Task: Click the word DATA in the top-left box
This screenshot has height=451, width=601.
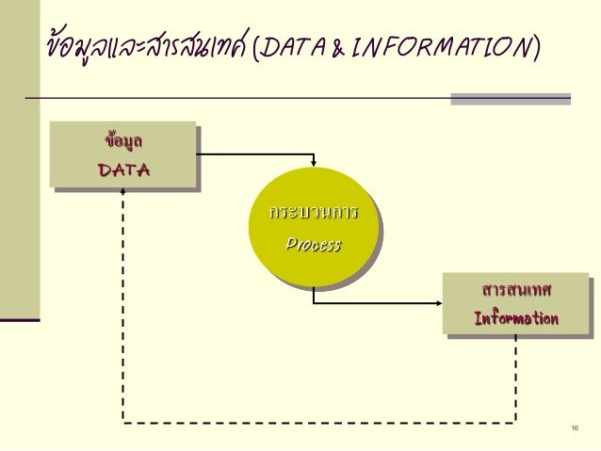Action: coord(123,169)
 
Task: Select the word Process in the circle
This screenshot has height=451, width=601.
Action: coord(313,245)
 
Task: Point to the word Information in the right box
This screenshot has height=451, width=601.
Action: coord(515,318)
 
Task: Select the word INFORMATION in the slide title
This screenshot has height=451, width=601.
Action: coord(444,46)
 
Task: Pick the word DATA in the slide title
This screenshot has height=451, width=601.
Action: coord(293,46)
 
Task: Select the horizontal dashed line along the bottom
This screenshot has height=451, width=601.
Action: coord(320,421)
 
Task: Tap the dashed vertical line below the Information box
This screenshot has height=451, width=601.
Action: coord(515,377)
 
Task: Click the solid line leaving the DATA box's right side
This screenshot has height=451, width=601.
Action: coord(254,153)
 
